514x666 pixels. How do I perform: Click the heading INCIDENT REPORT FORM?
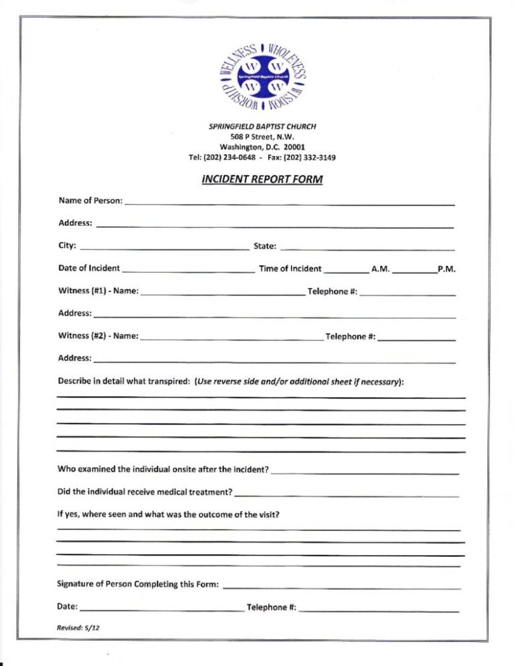pos(262,180)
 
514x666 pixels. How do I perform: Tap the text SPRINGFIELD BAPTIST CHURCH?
pos(262,127)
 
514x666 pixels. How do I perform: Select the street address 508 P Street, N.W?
pos(262,137)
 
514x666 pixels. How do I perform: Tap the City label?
pos(67,246)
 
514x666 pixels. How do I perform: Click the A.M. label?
pos(380,269)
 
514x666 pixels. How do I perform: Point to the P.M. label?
pos(446,269)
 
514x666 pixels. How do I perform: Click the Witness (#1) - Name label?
pos(98,291)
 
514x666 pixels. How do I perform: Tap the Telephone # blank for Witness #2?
pos(416,338)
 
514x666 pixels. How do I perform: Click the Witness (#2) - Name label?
pos(98,336)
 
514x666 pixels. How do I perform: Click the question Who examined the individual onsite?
pos(163,469)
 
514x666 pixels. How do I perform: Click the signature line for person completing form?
pos(341,586)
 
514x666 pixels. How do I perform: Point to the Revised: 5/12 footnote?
pos(79,628)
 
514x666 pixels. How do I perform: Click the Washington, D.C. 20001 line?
pos(262,147)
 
